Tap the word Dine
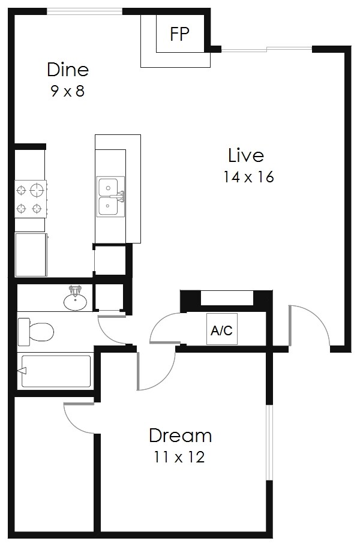point(68,70)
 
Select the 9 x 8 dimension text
point(68,92)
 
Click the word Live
point(245,155)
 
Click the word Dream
point(180,435)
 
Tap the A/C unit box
point(222,329)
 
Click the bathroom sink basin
point(75,301)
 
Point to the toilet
point(35,331)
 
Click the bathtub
point(55,371)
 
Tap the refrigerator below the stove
point(31,254)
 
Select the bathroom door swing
point(112,330)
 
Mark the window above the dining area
point(85,11)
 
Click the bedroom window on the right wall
point(270,443)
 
